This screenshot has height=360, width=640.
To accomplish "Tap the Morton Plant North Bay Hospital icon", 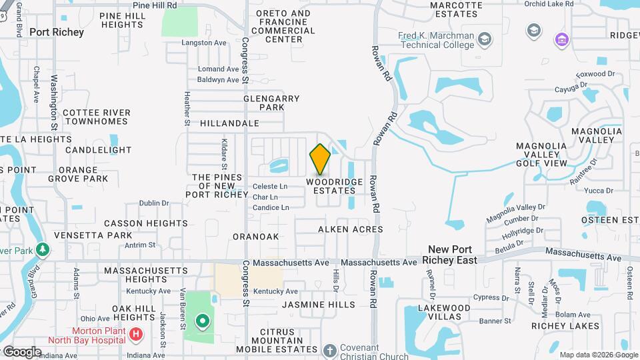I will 136,333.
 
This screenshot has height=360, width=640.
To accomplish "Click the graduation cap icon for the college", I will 533,30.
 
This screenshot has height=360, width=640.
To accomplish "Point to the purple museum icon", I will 561,40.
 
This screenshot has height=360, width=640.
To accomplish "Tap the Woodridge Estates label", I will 334,186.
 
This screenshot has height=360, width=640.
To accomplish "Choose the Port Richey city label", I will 57,32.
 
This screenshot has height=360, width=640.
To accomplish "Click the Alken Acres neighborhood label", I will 350,229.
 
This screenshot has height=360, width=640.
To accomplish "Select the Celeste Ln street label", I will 270,186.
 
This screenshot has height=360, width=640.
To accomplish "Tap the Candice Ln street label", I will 271,207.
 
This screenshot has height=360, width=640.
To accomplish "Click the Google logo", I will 21,351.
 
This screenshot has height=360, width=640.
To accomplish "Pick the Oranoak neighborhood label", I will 255,237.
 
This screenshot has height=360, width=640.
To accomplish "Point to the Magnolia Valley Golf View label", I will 542,154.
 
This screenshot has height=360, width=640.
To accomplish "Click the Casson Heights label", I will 145,223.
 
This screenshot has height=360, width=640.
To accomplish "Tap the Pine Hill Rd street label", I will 154,5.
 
